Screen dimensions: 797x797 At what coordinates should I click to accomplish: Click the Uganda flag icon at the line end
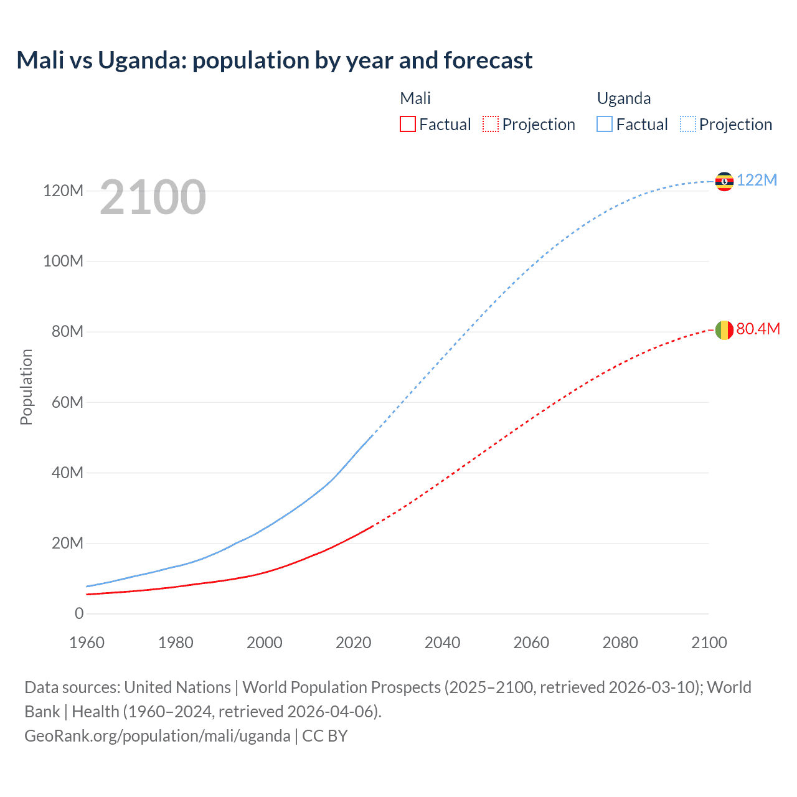pyautogui.click(x=724, y=181)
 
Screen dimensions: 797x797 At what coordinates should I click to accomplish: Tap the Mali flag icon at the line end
pyautogui.click(x=724, y=330)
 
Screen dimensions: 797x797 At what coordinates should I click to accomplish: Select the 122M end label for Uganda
pyautogui.click(x=757, y=180)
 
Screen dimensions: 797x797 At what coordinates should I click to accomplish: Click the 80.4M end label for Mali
pyautogui.click(x=758, y=329)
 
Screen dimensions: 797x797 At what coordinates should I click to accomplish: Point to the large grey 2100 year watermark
pyautogui.click(x=153, y=197)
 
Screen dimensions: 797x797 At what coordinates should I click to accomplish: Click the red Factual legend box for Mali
pyautogui.click(x=407, y=125)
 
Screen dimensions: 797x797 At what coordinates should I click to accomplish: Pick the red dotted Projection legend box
pyautogui.click(x=491, y=125)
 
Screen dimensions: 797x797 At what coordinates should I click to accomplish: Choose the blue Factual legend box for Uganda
pyautogui.click(x=605, y=125)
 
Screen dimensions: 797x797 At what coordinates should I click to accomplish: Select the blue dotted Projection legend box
pyautogui.click(x=688, y=125)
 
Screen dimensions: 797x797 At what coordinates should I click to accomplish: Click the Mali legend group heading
pyautogui.click(x=415, y=98)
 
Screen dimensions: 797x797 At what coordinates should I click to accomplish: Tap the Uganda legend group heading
pyautogui.click(x=624, y=98)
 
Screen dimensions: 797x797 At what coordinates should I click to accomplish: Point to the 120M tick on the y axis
pyautogui.click(x=63, y=191)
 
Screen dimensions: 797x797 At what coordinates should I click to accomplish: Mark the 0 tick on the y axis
pyautogui.click(x=79, y=613)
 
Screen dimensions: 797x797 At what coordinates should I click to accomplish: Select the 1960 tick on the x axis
pyautogui.click(x=87, y=643)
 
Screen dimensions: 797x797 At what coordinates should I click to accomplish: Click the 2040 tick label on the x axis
pyautogui.click(x=442, y=643)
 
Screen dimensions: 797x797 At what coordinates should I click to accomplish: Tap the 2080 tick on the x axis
pyautogui.click(x=620, y=643)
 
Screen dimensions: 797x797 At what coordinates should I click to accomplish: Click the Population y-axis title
pyautogui.click(x=26, y=387)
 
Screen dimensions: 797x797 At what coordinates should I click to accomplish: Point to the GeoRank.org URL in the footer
pyautogui.click(x=157, y=736)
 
